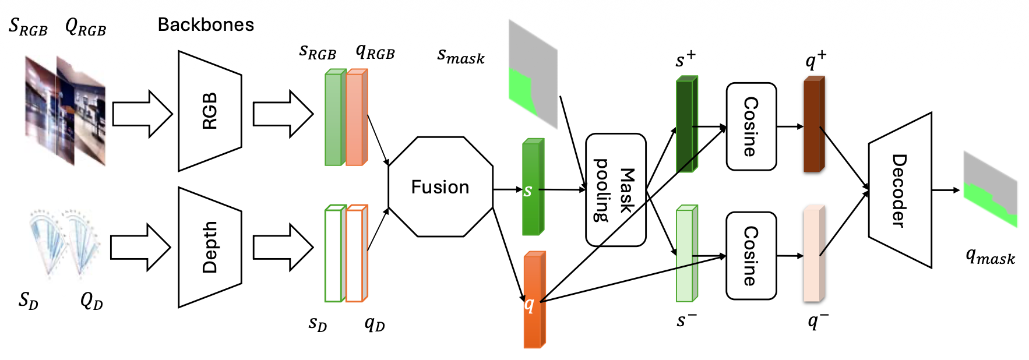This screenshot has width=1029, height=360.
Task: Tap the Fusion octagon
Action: (441, 187)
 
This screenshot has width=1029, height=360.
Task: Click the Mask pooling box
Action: (615, 190)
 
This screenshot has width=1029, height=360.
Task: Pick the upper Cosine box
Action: (751, 126)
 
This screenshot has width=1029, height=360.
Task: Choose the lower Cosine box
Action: (751, 256)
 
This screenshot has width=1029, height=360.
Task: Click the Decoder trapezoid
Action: (900, 190)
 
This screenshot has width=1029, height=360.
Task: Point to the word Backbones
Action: (206, 25)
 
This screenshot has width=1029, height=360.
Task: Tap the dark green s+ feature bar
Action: (686, 125)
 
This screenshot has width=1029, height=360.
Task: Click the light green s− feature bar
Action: (686, 254)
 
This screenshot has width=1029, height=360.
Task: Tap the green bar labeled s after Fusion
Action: (532, 188)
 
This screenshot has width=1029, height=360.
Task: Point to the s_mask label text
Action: (460, 56)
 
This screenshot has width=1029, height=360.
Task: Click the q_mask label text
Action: (990, 256)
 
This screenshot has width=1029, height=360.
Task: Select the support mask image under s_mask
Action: (533, 75)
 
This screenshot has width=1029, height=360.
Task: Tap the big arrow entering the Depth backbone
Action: (140, 248)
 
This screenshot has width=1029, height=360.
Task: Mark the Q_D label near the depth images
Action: (91, 301)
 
